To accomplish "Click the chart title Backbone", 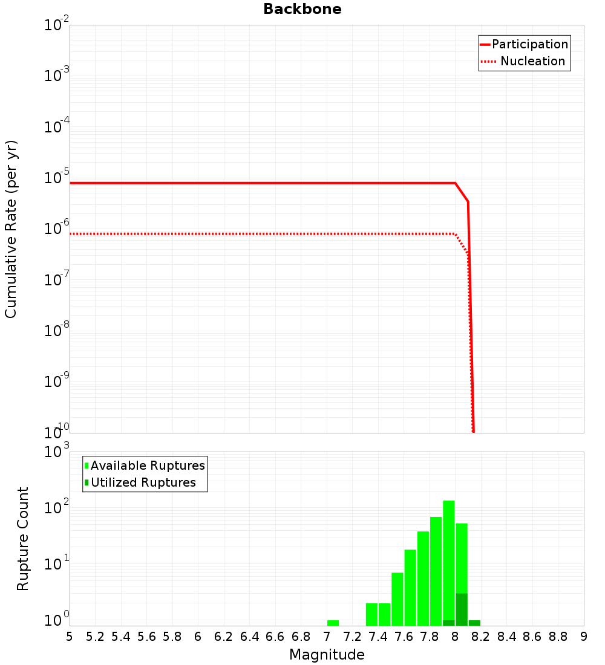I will [302, 9].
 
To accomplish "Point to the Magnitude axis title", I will [327, 655].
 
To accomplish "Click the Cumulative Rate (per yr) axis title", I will [11, 229].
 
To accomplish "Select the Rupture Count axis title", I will [23, 538].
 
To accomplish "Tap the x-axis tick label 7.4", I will [378, 637].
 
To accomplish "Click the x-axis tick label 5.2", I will [95, 637].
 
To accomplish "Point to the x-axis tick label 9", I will [584, 637].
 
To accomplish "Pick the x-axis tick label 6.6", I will [275, 637].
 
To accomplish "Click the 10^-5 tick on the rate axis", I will [57, 178].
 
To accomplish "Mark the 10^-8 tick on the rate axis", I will [57, 331].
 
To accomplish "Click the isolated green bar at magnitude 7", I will [333, 623].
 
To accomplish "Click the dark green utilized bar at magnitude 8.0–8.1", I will [462, 609].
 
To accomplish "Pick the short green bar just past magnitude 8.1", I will [474, 623].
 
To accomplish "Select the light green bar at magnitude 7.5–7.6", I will [397, 598].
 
